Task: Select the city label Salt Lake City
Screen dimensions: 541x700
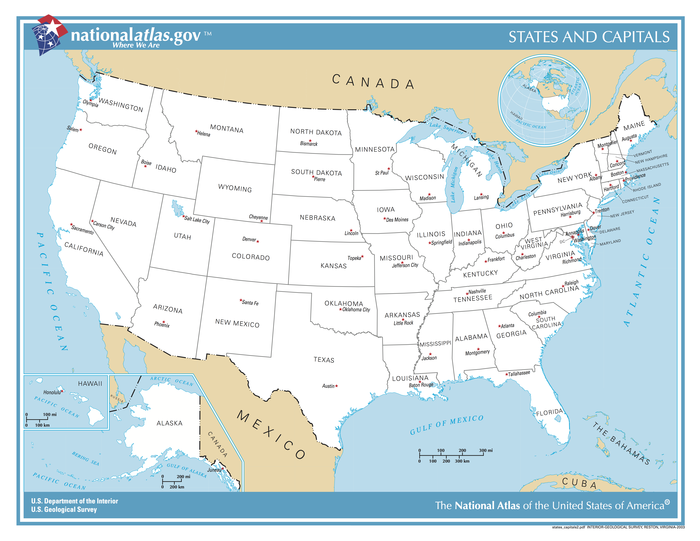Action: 197,220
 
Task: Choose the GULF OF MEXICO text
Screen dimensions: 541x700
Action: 446,425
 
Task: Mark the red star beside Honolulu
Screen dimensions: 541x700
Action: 62,391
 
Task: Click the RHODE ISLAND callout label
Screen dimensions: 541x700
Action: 647,188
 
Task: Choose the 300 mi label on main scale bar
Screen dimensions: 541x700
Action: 486,450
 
